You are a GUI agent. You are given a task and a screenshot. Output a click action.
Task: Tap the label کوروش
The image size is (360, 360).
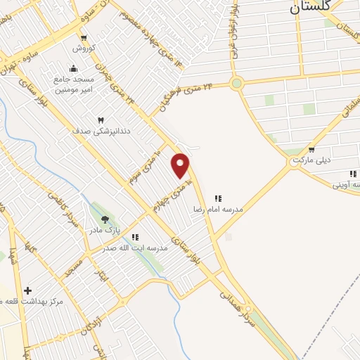point(84,49)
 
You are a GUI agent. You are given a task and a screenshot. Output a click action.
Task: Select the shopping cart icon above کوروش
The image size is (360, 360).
point(84,38)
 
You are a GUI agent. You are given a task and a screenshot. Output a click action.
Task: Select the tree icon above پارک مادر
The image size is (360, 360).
point(105,219)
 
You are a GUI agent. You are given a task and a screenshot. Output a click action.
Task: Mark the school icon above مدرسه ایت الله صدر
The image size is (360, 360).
point(135,238)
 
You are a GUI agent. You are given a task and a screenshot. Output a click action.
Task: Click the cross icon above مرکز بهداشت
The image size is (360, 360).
point(27,290)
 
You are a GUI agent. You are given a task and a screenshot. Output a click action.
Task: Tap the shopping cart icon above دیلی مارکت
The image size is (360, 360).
point(311,150)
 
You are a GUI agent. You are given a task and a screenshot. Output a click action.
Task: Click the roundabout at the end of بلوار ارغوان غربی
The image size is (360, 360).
point(236,84)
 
